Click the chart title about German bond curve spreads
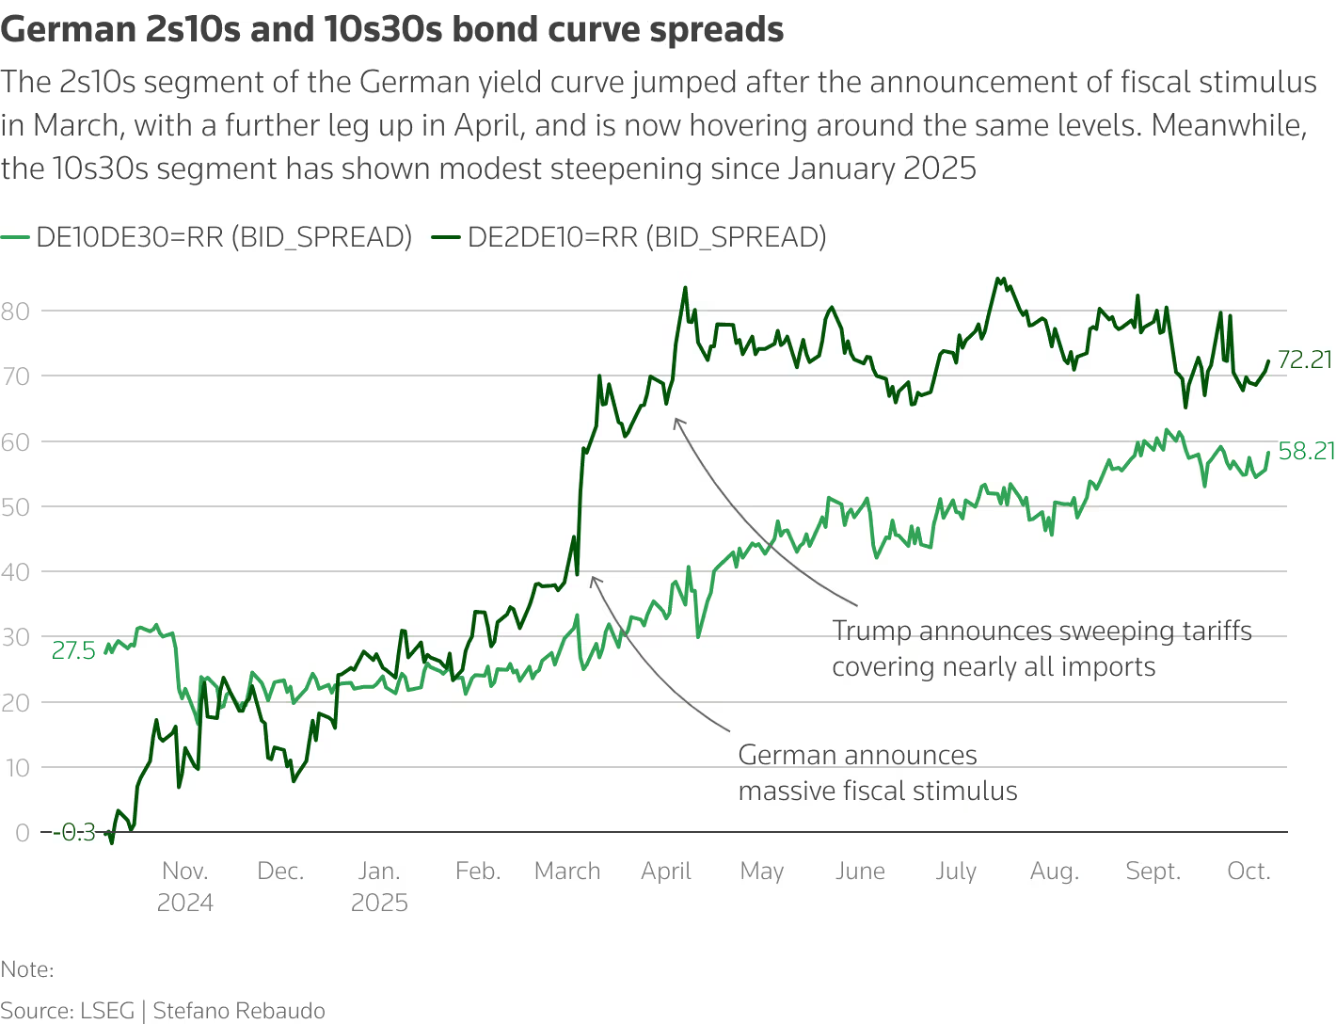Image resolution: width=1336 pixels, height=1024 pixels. click(392, 30)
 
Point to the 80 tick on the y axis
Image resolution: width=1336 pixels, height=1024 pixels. click(16, 311)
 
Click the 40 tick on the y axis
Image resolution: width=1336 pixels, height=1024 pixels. click(16, 571)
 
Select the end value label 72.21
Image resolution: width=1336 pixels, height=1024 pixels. click(1306, 360)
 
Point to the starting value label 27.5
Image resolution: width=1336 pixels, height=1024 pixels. click(73, 650)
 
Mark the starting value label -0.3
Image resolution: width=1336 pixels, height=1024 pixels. click(75, 832)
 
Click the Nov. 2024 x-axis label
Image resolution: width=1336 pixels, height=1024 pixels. click(185, 886)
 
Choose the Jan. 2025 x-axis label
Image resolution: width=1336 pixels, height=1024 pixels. click(379, 886)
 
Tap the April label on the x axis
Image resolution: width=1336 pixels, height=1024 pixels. click(666, 872)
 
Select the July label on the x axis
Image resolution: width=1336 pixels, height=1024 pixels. click(956, 872)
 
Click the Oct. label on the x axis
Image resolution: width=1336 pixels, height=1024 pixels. click(1249, 872)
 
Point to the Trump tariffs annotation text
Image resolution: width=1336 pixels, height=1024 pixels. click(1042, 648)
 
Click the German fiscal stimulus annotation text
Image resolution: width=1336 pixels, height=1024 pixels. click(877, 773)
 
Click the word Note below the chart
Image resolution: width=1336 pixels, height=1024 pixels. click(27, 969)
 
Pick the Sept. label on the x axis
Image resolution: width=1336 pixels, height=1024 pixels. click(1153, 872)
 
